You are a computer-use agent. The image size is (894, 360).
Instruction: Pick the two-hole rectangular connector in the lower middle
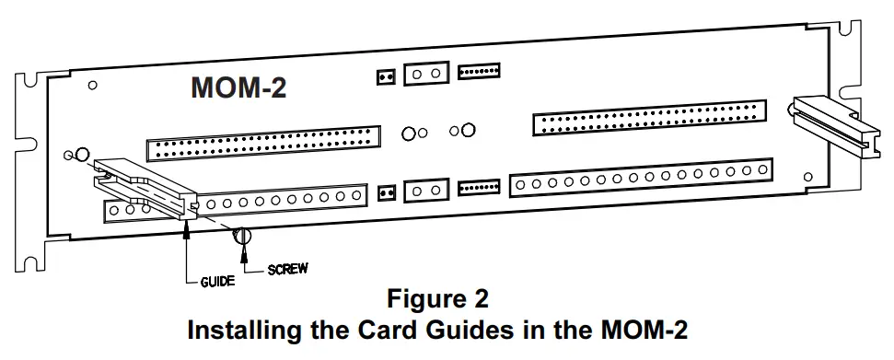[425, 190]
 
